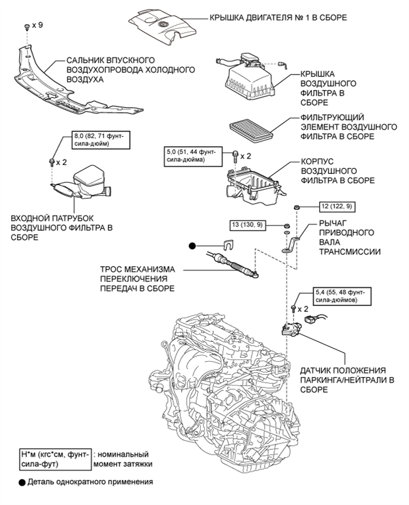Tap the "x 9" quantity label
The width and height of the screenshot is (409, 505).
38,25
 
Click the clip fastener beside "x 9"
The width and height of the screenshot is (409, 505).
27,27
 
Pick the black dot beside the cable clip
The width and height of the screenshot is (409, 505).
192,246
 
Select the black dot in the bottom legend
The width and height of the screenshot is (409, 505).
22,483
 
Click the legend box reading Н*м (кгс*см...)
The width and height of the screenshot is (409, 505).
55,459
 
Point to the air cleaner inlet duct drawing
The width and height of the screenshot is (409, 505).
81,183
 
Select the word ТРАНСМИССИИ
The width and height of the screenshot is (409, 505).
350,251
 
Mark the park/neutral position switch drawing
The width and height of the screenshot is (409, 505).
291,329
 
